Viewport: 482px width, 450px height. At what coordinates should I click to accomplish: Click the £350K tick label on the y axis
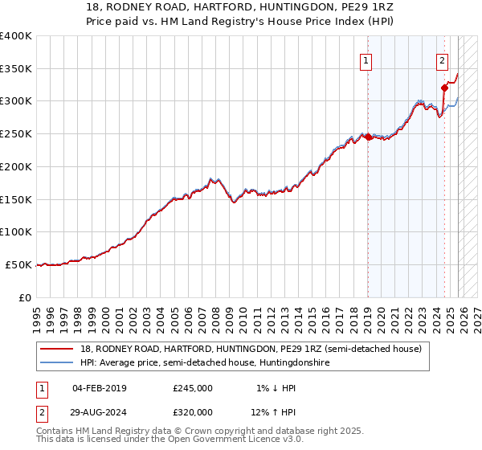[15, 69]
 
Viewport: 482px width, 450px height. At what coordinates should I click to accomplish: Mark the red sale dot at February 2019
[368, 137]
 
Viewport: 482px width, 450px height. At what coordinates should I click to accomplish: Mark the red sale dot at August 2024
[444, 88]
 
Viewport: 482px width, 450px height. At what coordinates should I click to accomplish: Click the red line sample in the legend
[58, 349]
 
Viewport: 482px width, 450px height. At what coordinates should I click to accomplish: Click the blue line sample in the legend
[58, 362]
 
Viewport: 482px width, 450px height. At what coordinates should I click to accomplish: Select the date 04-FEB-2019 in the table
[100, 388]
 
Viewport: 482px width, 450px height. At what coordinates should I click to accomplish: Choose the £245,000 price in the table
[193, 388]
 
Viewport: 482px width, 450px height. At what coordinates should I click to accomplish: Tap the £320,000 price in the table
[193, 411]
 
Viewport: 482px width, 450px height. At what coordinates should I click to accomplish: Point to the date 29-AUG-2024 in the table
[100, 411]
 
